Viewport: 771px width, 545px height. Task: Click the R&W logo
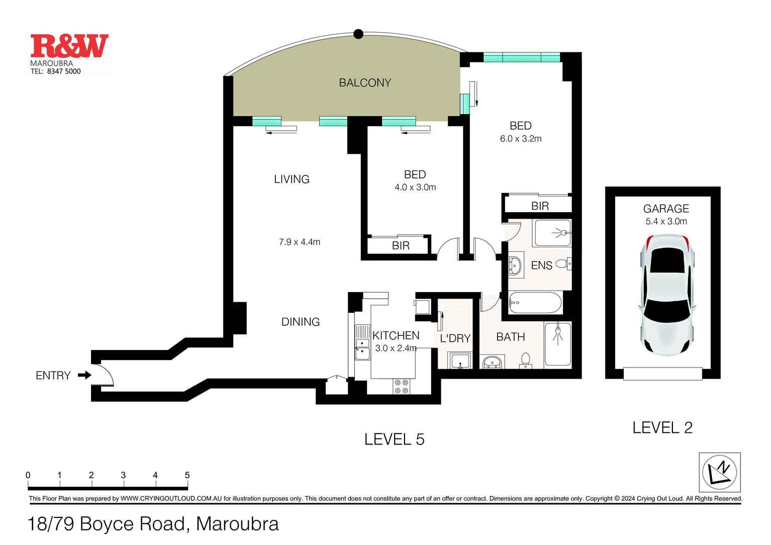tap(69, 46)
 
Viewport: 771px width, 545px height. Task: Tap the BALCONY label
tap(365, 83)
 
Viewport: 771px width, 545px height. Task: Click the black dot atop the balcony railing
tap(358, 34)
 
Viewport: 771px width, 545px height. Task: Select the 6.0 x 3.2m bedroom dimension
tap(521, 139)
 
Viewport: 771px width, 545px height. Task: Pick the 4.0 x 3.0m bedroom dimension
tap(415, 188)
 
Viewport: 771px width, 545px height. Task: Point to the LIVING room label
tap(292, 179)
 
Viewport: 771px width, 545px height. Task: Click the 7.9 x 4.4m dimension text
tap(300, 242)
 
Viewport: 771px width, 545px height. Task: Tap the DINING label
tap(301, 322)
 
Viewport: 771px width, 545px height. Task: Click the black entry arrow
tap(84, 375)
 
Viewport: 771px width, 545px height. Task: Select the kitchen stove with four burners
tap(402, 386)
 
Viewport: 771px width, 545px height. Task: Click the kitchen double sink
tap(362, 342)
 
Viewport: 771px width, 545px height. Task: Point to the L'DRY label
tap(455, 338)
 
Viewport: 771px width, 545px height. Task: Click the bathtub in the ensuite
tap(535, 303)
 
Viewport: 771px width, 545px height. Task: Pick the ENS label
tap(541, 265)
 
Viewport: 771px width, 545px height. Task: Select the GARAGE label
tap(666, 209)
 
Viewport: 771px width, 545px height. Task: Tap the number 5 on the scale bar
tap(187, 475)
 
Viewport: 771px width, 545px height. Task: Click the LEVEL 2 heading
tap(662, 428)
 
